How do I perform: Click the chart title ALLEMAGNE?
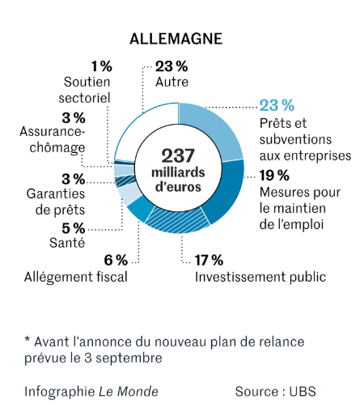click(176, 39)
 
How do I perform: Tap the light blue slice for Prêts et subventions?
click(213, 130)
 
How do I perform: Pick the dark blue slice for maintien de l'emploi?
click(227, 189)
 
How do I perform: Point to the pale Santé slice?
click(127, 194)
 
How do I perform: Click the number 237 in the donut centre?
click(178, 156)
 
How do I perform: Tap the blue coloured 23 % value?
click(277, 105)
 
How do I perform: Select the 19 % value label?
click(274, 176)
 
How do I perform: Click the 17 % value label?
click(209, 261)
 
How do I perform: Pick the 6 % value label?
click(116, 261)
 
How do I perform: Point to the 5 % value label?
click(74, 228)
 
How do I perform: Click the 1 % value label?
click(101, 66)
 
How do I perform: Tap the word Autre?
click(172, 82)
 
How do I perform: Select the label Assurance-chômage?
click(53, 140)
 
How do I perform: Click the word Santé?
click(67, 243)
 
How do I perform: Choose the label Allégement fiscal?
click(76, 277)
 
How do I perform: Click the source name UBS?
click(303, 392)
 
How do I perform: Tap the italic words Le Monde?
click(129, 392)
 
